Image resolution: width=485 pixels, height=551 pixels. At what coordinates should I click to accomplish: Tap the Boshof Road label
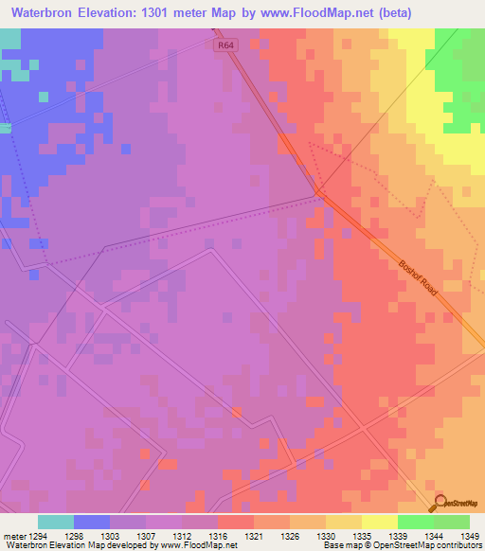(x=418, y=276)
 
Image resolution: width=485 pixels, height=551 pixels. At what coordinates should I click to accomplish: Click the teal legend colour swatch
(x=56, y=522)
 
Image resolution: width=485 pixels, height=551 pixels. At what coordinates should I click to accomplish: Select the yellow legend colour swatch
(x=380, y=522)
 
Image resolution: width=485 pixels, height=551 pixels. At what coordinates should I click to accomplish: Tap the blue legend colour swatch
(x=92, y=522)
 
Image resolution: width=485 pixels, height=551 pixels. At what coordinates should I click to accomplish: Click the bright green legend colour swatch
(x=416, y=522)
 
